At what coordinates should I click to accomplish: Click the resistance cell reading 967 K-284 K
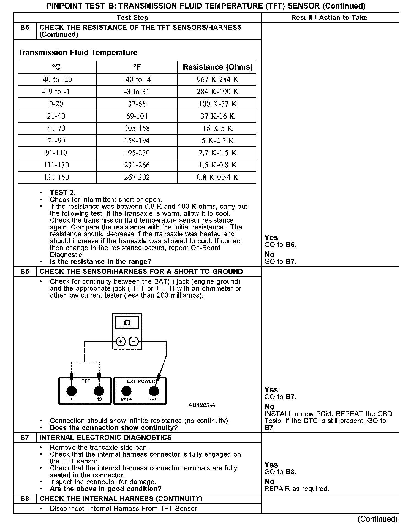click(x=217, y=80)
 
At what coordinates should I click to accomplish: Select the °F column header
click(x=137, y=67)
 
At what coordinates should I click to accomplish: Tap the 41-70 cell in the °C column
click(x=56, y=128)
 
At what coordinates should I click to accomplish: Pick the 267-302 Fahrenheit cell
click(x=137, y=177)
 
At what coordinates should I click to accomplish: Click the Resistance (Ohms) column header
click(x=217, y=67)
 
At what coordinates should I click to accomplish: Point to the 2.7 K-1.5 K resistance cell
click(x=217, y=153)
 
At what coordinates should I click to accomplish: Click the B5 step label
click(x=25, y=28)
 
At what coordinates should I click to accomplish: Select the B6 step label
click(x=25, y=272)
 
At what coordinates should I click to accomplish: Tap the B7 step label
click(x=25, y=438)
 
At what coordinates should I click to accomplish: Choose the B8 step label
click(x=25, y=499)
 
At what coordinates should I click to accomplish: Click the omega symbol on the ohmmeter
click(x=127, y=322)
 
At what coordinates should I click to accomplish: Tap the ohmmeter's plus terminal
click(x=121, y=342)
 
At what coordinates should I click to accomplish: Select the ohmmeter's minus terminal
click(x=134, y=342)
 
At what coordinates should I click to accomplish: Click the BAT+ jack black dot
click(x=126, y=391)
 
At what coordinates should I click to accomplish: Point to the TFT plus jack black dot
click(x=72, y=391)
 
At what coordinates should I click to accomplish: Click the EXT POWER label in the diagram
click(x=141, y=381)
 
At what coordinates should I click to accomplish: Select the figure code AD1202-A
click(x=202, y=405)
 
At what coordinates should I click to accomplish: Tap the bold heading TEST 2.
click(x=62, y=193)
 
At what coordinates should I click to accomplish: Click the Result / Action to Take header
click(x=329, y=18)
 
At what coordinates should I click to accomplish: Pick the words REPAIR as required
click(x=296, y=489)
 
